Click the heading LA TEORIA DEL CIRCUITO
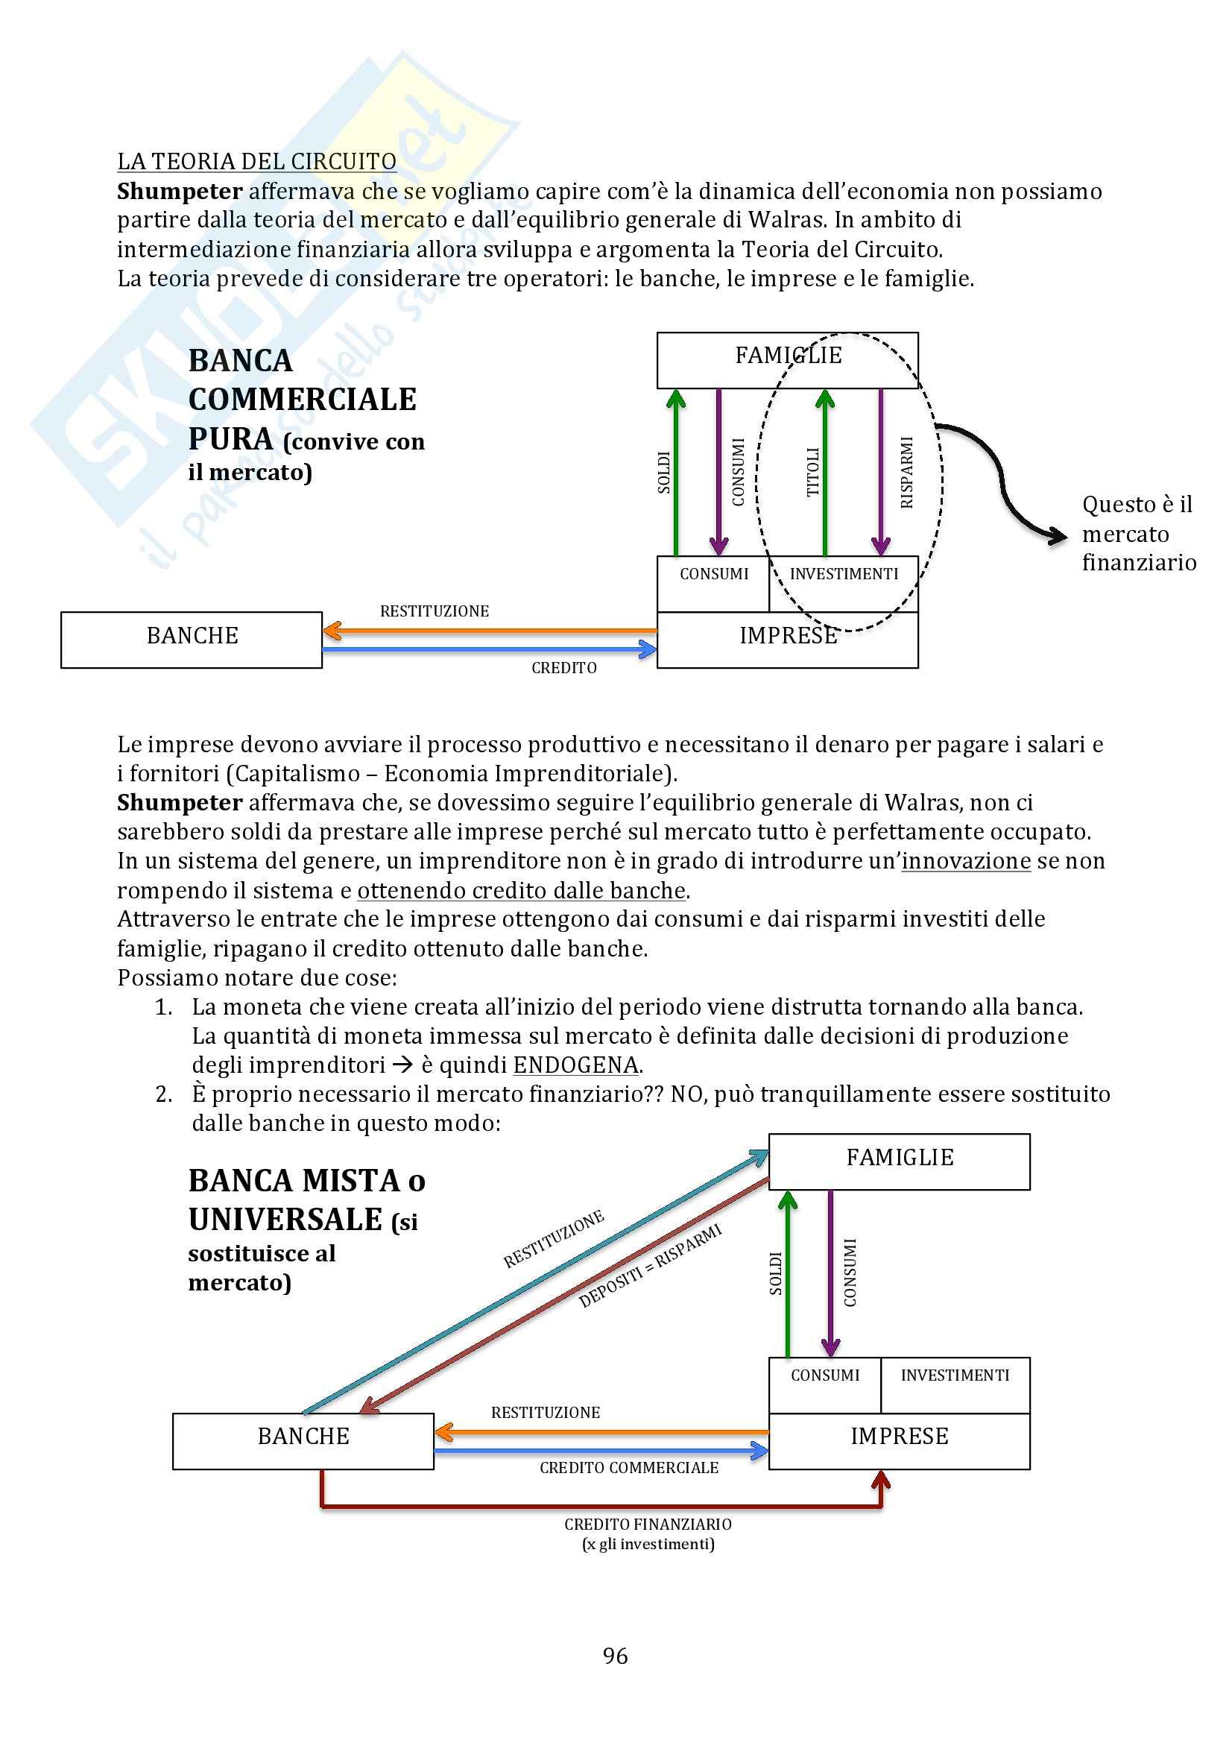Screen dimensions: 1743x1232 [x=256, y=162]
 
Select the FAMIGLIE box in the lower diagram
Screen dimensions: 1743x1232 [x=899, y=1162]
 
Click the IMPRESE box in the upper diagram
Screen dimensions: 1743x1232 [x=787, y=639]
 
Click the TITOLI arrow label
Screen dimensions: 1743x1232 [x=813, y=472]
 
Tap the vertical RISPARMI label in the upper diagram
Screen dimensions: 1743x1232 [x=906, y=472]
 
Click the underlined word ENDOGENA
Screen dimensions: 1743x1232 [x=575, y=1065]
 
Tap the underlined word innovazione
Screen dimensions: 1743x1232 [x=966, y=861]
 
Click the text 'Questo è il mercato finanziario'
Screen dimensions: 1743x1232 [x=1138, y=534]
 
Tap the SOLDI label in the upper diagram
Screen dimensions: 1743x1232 [x=664, y=472]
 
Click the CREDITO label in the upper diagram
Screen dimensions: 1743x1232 [x=564, y=668]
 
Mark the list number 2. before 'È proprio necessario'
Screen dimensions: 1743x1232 [x=164, y=1094]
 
